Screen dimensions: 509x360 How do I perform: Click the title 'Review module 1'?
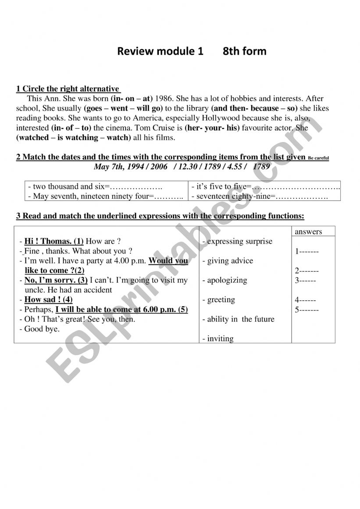tap(160, 51)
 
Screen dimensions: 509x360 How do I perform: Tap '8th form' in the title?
tap(244, 51)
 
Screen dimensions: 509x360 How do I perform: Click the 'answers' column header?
tap(308, 231)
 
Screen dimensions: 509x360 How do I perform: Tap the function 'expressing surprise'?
tap(238, 241)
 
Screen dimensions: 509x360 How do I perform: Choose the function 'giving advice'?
tap(228, 261)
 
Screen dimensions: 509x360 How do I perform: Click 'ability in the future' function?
tap(239, 319)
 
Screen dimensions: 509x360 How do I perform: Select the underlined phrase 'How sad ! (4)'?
tap(48, 300)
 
